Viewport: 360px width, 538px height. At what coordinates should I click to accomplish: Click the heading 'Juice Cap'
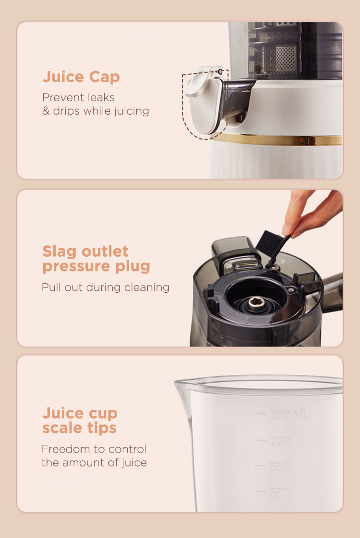click(x=81, y=77)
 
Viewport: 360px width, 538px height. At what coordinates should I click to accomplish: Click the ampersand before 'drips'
click(x=46, y=111)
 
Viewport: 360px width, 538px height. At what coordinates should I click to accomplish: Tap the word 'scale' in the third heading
click(x=62, y=428)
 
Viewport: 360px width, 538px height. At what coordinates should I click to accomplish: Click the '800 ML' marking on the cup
click(x=289, y=415)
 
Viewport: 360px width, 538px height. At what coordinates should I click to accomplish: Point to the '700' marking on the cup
click(x=280, y=441)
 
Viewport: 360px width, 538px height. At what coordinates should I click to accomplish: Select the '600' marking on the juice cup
click(x=280, y=466)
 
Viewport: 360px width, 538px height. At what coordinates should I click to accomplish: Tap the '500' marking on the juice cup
click(x=279, y=492)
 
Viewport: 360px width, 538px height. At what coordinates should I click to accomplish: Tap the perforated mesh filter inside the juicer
click(x=285, y=59)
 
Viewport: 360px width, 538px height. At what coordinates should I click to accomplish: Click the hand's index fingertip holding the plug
click(x=287, y=229)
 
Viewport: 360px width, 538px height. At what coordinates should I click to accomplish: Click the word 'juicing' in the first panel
click(x=132, y=111)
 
